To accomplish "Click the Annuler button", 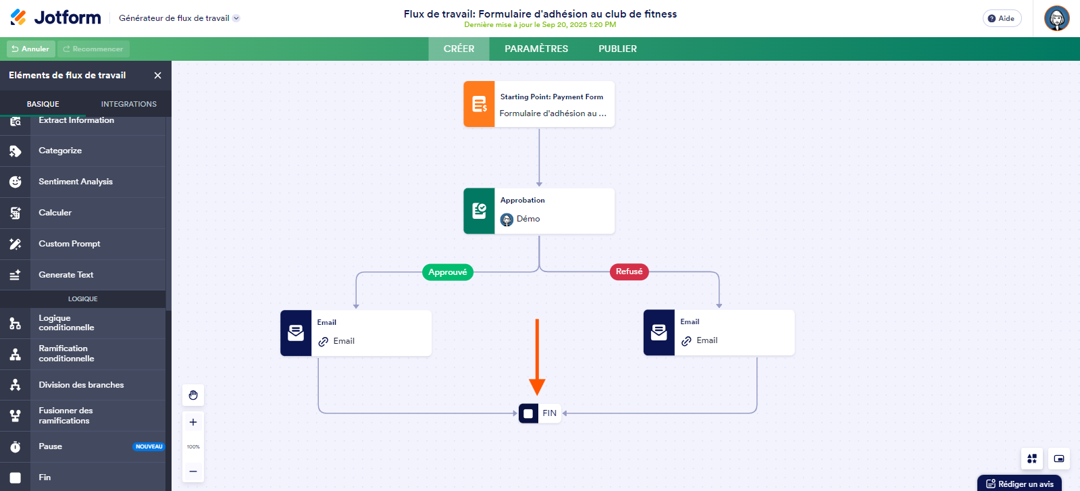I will [x=30, y=49].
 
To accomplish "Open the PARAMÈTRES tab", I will [x=536, y=49].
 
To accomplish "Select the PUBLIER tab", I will [x=617, y=49].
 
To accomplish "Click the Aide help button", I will [x=1002, y=18].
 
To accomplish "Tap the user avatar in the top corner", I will [x=1056, y=18].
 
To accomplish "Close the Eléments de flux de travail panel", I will [x=157, y=76].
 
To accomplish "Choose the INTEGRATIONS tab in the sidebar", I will [x=128, y=104].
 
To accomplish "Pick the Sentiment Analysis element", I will [x=76, y=182].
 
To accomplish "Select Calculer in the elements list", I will [x=55, y=213].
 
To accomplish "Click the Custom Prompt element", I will [x=70, y=244].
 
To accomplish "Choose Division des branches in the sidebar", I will [x=81, y=385].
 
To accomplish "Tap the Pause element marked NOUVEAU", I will [x=51, y=446].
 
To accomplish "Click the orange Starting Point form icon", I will [x=479, y=104].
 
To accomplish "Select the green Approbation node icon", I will [x=479, y=211].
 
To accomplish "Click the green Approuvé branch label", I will [x=447, y=272].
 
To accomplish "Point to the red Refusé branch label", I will [x=629, y=272].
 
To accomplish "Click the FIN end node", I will [x=540, y=413].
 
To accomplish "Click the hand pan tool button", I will [x=193, y=395].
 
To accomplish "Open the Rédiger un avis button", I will [x=1019, y=484].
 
